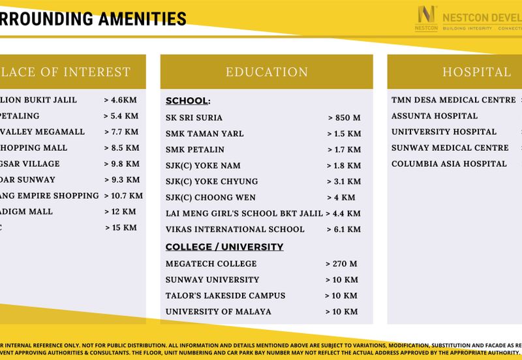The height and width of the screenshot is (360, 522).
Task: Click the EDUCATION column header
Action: [266, 72]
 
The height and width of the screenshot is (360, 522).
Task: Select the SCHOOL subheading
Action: [187, 101]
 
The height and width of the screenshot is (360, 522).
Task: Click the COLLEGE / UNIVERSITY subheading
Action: [224, 247]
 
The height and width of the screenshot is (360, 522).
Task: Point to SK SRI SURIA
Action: [194, 118]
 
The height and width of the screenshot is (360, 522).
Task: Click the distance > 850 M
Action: [345, 118]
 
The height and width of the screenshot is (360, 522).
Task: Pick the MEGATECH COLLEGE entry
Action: [202, 264]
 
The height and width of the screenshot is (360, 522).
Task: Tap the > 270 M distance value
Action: [341, 264]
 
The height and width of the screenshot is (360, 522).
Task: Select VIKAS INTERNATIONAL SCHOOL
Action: [235, 230]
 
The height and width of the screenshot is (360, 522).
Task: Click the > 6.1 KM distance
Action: [344, 230]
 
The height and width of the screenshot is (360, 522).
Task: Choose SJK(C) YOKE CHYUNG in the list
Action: [211, 181]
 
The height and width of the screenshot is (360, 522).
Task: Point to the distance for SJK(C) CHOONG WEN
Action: [340, 198]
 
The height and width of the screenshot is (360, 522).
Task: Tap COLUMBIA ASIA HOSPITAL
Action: [449, 164]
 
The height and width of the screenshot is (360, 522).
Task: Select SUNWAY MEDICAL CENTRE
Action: [450, 148]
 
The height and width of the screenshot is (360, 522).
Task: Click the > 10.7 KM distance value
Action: [123, 196]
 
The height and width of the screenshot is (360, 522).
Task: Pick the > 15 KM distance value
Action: [121, 228]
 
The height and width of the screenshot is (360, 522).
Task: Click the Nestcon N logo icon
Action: [426, 16]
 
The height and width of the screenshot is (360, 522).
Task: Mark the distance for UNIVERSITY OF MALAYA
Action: [341, 312]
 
